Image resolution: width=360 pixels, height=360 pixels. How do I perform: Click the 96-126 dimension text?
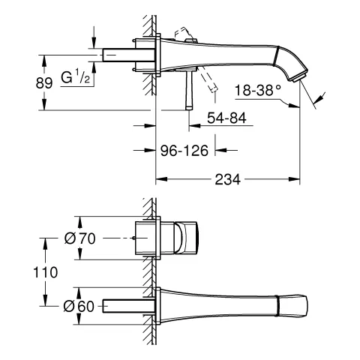pyautogui.click(x=185, y=149)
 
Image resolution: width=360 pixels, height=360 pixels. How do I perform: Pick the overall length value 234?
pyautogui.click(x=228, y=181)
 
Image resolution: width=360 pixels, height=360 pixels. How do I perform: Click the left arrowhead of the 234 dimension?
pyautogui.click(x=160, y=181)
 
